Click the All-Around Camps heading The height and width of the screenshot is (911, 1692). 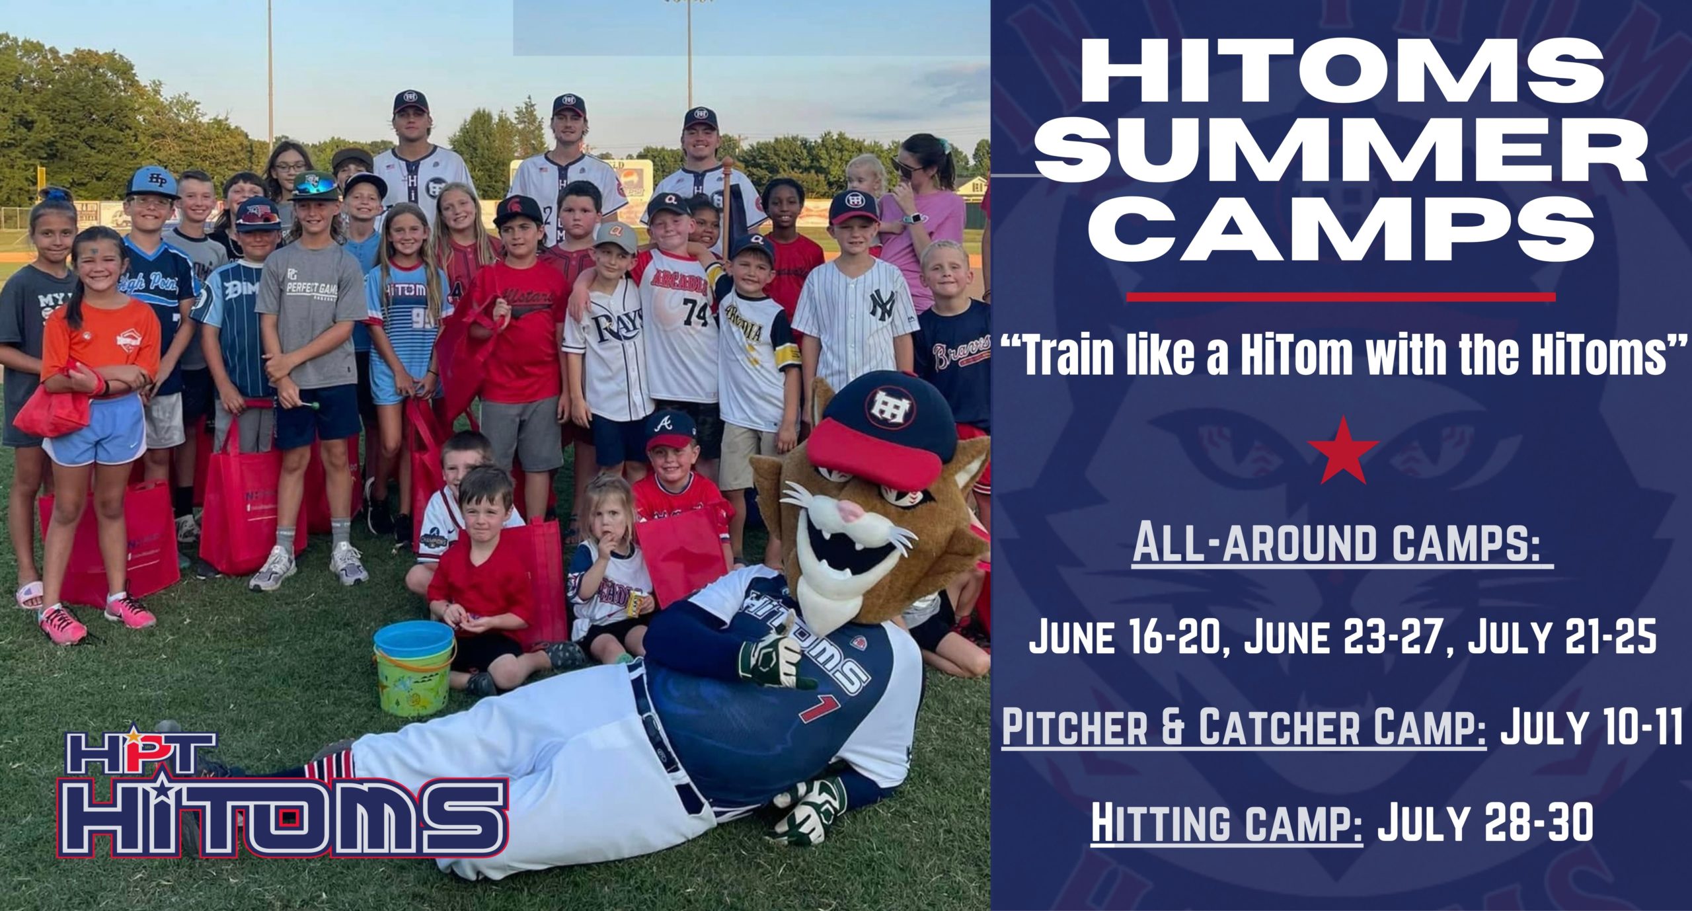(x=1342, y=543)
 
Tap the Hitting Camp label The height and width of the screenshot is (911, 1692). (x=1226, y=824)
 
